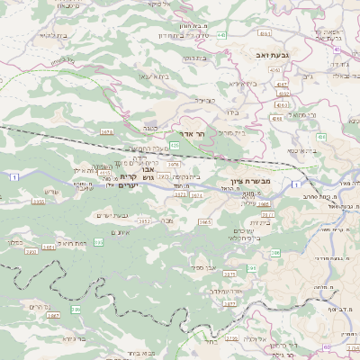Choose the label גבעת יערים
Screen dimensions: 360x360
[113, 215]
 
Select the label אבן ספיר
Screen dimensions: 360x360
[203, 267]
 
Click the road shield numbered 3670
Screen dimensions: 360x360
[107, 132]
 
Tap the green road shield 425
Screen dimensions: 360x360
[174, 146]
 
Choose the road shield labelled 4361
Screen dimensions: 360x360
[265, 32]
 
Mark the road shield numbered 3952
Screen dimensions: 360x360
[144, 220]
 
